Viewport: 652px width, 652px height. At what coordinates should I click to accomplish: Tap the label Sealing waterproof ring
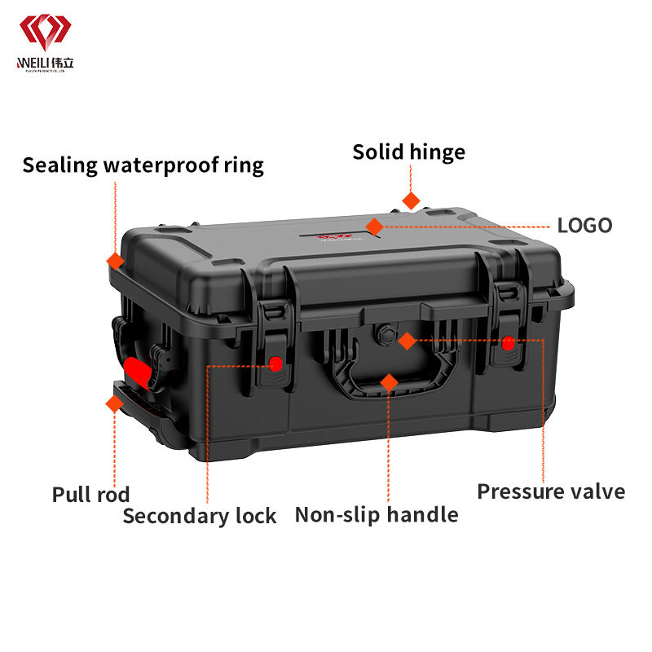[143, 165]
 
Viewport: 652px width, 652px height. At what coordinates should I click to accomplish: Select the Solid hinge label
[408, 152]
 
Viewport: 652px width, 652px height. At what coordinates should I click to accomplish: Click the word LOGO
[584, 226]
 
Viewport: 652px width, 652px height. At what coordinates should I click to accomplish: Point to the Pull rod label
[90, 494]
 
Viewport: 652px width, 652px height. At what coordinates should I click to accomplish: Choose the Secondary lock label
[200, 515]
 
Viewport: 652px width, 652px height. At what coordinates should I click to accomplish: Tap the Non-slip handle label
[376, 514]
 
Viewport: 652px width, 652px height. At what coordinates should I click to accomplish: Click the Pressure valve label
[551, 491]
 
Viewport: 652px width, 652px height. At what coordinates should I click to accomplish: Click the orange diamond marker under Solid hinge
[411, 200]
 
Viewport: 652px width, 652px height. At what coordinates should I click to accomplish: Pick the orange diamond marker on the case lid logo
[374, 226]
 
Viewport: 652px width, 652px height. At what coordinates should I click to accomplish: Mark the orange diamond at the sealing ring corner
[116, 261]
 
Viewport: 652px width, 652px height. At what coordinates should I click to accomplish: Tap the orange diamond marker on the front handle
[389, 381]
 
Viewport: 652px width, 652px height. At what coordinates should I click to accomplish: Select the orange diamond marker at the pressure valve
[407, 341]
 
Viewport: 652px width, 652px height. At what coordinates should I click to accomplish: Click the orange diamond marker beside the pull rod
[113, 402]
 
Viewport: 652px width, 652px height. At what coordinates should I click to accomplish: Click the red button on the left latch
[276, 363]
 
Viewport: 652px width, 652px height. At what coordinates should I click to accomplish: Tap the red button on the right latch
[509, 344]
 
